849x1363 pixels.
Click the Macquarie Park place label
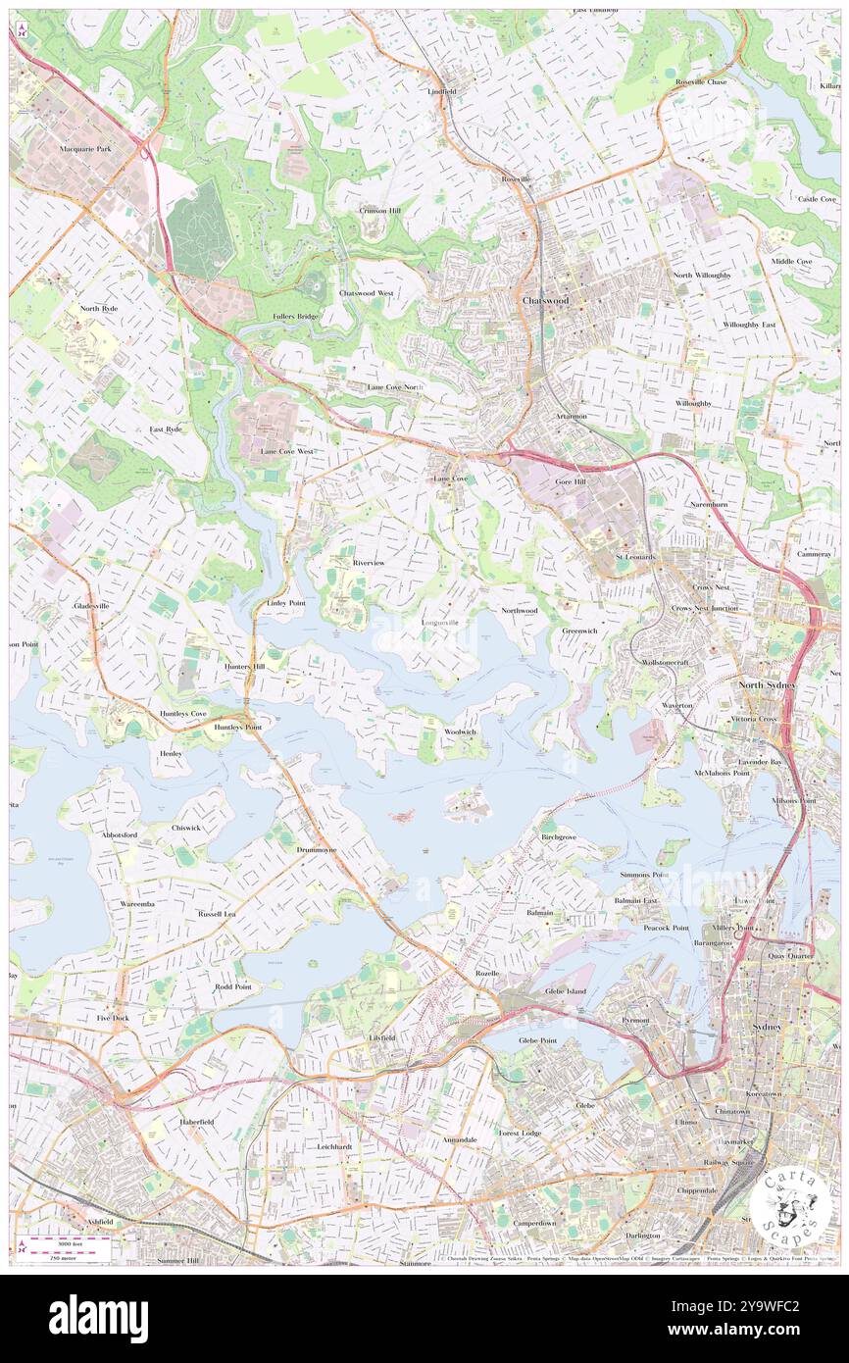[x=85, y=149]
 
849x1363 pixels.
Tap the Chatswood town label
[x=546, y=300]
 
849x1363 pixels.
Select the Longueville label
[x=439, y=623]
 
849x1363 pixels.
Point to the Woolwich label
[x=460, y=732]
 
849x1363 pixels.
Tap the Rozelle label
[x=487, y=974]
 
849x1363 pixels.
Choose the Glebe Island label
[x=565, y=991]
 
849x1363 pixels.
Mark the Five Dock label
[x=113, y=1019]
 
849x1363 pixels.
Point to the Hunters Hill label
[x=244, y=666]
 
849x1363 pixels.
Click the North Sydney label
[x=768, y=684]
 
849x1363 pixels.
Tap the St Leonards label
[x=635, y=557]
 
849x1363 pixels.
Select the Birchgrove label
[x=559, y=838]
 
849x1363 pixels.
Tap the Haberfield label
[x=196, y=1121]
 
